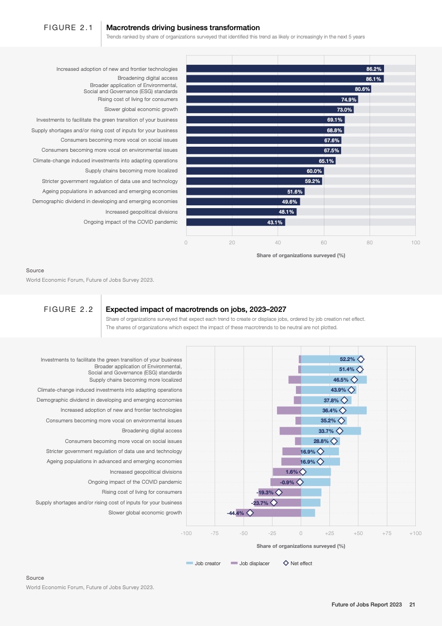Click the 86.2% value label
point(373,69)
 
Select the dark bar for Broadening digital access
point(279,79)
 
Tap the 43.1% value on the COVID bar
point(275,222)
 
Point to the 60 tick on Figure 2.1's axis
point(323,243)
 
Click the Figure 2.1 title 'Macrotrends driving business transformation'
point(183,27)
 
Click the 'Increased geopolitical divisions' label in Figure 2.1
point(142,212)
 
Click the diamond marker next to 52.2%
point(361,359)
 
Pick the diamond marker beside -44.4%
point(250,513)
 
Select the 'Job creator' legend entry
point(203,564)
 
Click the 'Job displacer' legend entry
point(250,564)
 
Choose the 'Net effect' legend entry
point(298,564)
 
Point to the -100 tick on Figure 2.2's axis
point(186,533)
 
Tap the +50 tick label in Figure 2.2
point(358,533)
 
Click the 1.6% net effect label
point(292,471)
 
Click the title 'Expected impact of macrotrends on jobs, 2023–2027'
point(196,309)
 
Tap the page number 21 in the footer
point(412,605)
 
